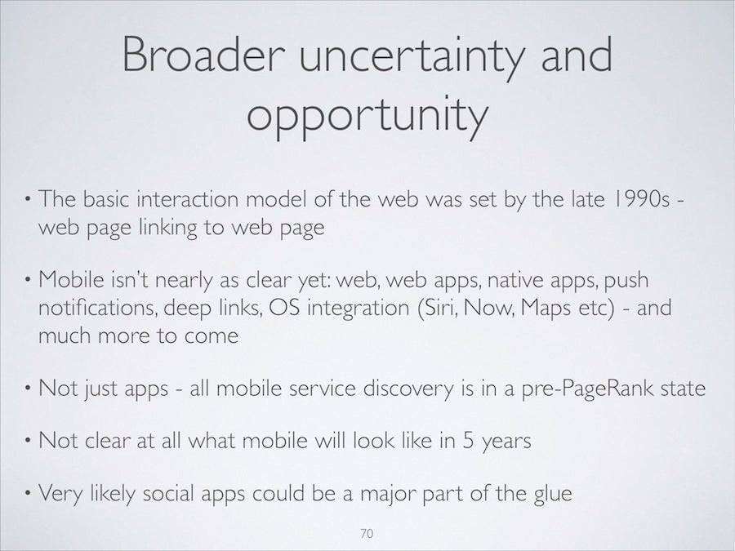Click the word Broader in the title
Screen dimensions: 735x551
[204, 55]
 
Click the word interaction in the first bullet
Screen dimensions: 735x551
[188, 198]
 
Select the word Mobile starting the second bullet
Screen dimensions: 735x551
[71, 280]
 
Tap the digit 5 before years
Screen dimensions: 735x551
[468, 441]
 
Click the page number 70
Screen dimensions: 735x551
[367, 533]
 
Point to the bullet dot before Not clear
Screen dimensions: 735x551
[28, 441]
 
